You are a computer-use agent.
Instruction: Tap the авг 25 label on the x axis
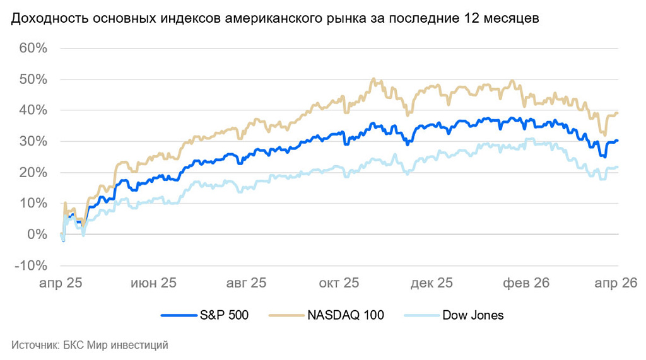click(x=247, y=283)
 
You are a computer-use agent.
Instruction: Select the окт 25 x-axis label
click(x=339, y=283)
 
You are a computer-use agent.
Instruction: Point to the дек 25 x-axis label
click(x=432, y=283)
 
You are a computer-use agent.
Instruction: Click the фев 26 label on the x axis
click(x=526, y=283)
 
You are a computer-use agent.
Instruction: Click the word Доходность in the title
click(x=49, y=19)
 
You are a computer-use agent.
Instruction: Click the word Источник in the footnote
click(x=34, y=345)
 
